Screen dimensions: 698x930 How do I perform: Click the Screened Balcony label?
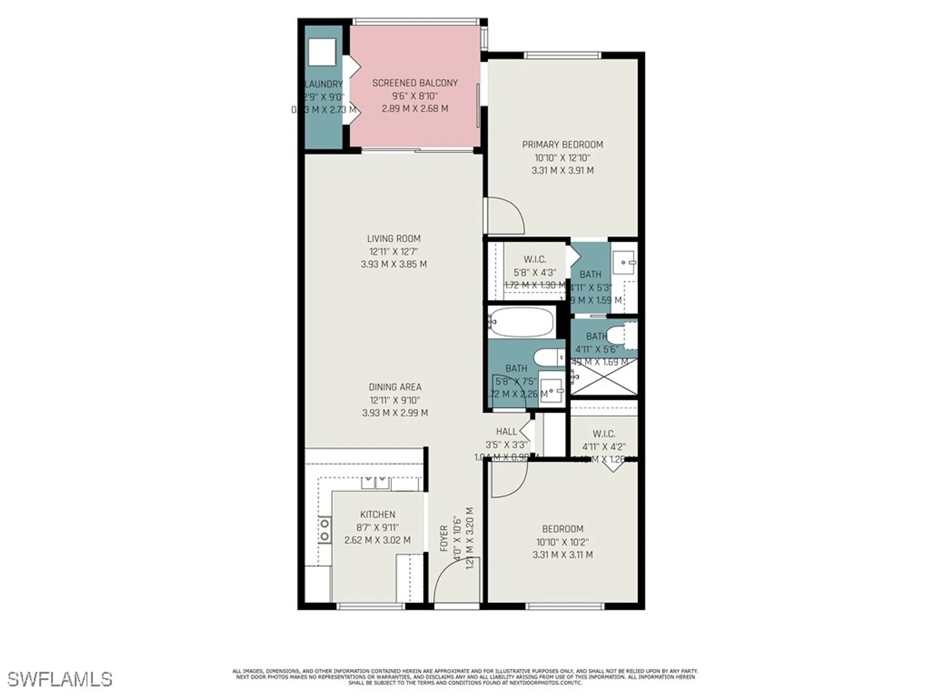pos(415,83)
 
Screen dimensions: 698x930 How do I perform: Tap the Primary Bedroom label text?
pos(562,145)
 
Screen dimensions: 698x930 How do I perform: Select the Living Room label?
pos(393,239)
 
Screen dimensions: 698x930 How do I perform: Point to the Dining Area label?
pos(395,387)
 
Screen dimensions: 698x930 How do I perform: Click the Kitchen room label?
pos(378,515)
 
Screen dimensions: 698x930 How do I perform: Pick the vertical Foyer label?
pos(444,538)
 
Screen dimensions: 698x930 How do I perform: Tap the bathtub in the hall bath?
pos(522,322)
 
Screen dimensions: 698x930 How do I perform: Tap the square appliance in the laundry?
pos(321,52)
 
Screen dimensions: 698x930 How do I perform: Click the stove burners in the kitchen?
pos(324,530)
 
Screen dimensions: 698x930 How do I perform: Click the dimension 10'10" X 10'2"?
pos(562,542)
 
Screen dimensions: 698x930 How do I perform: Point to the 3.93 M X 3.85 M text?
pos(393,264)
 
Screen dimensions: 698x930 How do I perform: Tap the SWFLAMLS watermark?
pos(60,679)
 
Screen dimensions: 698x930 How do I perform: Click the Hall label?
pos(506,432)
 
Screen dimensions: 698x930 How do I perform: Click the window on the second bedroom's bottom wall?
pos(565,606)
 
